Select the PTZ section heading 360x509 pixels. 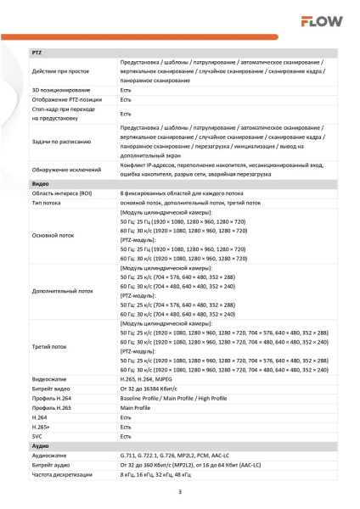point(37,53)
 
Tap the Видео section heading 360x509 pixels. point(40,183)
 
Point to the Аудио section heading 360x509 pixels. point(40,445)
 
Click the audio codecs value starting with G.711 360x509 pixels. point(187,456)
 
